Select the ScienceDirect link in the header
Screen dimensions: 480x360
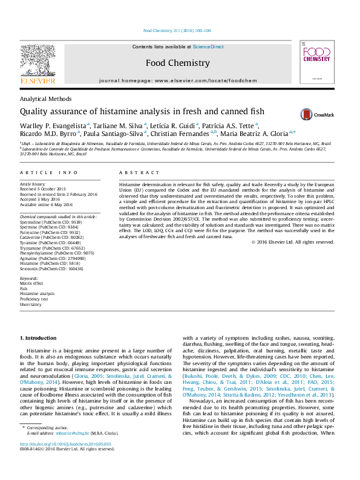click(209, 47)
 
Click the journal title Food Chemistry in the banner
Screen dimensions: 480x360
click(178, 63)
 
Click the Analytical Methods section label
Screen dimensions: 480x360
click(46, 99)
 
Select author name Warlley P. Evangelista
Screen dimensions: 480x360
click(53, 125)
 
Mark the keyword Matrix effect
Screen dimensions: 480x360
click(31, 282)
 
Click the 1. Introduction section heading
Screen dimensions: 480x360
click(39, 337)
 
